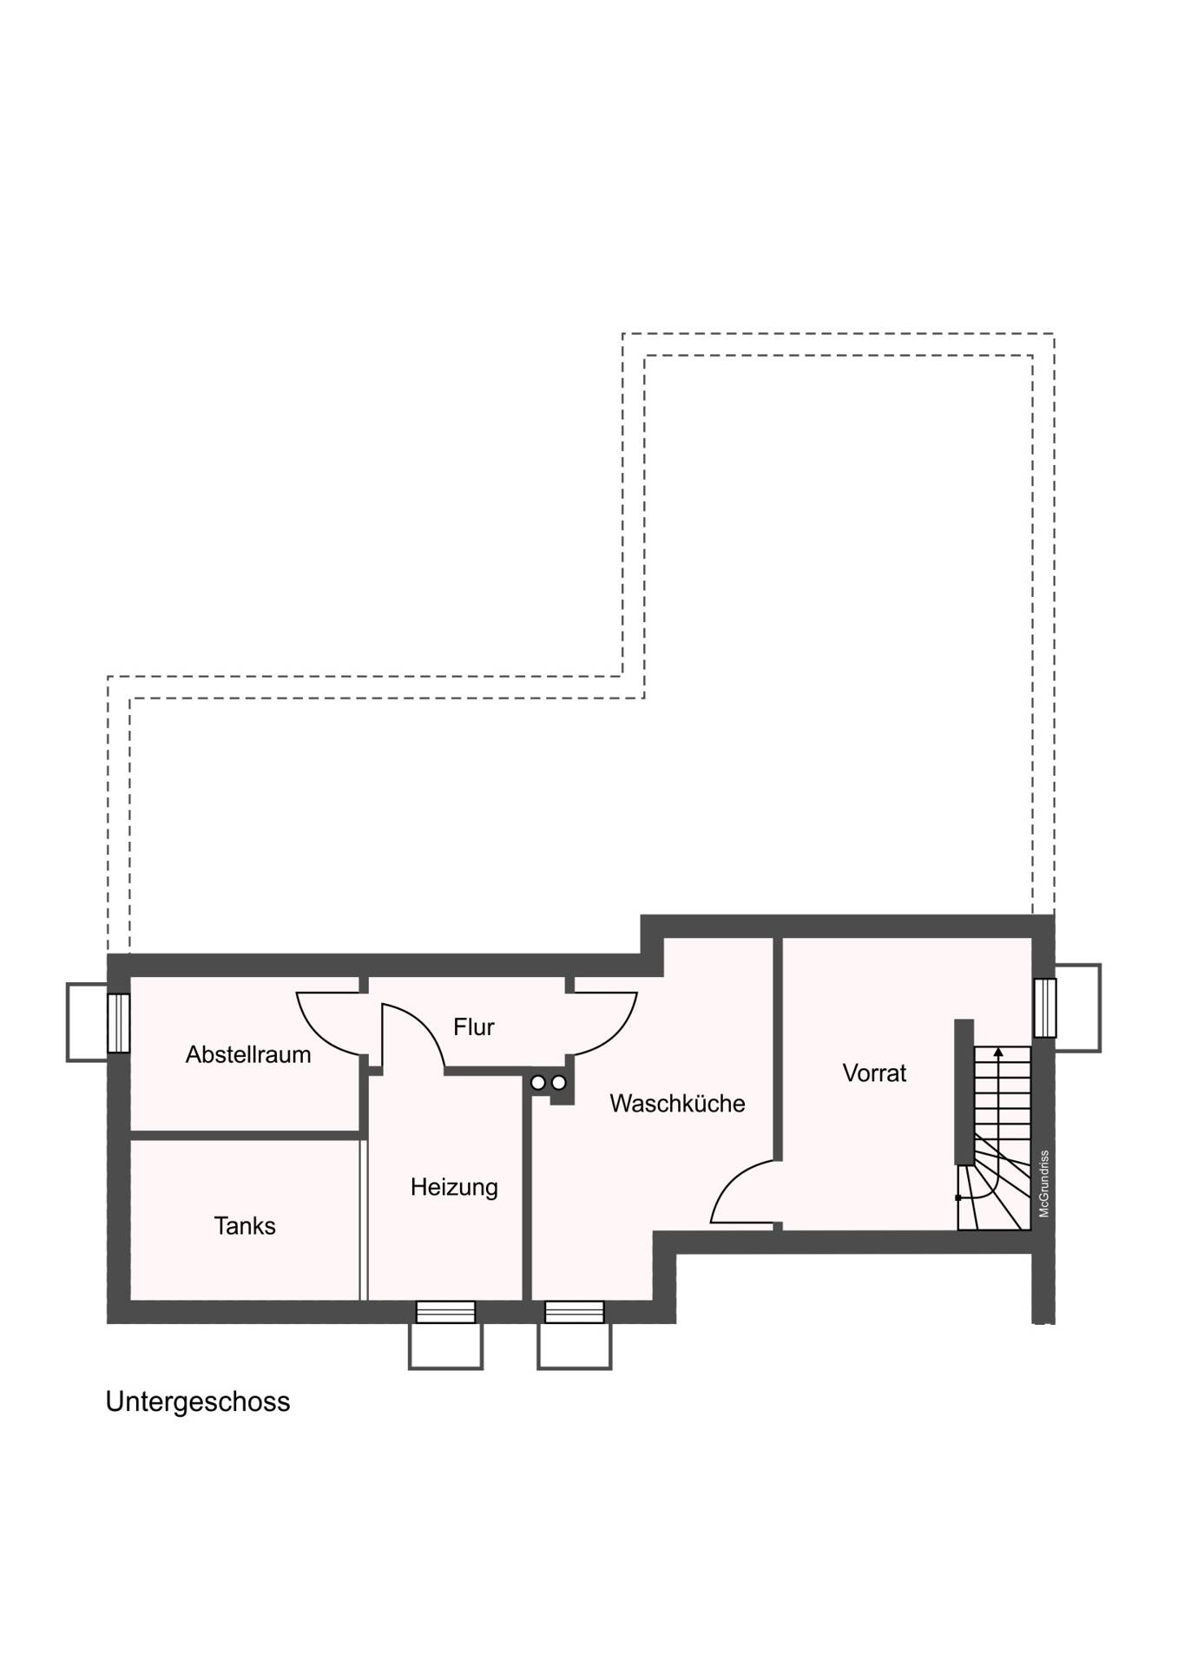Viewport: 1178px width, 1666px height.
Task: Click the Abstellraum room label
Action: pos(248,1054)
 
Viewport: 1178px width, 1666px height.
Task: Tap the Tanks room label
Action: pos(245,1225)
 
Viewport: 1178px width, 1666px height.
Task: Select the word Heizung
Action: pos(454,1186)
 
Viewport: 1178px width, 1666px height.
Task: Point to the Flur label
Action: pos(473,1026)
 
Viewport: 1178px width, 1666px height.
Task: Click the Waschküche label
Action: pos(677,1103)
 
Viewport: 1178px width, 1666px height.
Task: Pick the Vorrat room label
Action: pos(874,1072)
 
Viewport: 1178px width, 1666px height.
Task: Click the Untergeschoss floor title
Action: pos(198,1401)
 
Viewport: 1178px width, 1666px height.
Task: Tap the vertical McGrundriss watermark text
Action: pos(1044,1184)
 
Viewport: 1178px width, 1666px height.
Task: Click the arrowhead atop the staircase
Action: pos(998,1052)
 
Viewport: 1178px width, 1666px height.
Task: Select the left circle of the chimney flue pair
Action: pos(538,1083)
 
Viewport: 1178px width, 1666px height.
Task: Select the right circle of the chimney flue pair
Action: pos(559,1083)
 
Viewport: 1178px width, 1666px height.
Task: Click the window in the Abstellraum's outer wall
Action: pos(119,1023)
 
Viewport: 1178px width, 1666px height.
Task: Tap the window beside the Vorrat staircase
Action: pos(1045,1007)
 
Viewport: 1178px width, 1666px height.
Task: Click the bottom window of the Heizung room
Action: pos(445,1311)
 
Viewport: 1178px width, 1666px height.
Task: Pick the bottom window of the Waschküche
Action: pos(574,1311)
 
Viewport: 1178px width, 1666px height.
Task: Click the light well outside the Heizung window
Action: pos(445,1346)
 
